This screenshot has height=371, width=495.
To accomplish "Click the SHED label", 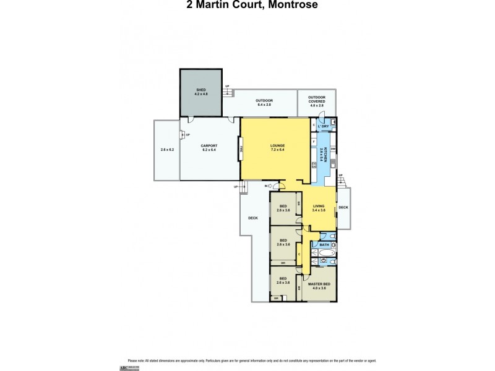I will pos(200,91).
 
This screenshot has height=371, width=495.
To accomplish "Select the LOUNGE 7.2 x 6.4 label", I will pos(277,148).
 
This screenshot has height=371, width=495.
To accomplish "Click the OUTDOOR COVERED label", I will pos(317,101).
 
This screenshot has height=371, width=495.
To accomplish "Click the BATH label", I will pos(324,245).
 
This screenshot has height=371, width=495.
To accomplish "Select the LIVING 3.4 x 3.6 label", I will pos(319,208).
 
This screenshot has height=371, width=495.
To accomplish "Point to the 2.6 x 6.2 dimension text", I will pos(167,150).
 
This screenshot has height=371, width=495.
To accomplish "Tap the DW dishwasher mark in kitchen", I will pos(334,149).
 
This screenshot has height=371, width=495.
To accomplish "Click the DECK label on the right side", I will pos(343,207).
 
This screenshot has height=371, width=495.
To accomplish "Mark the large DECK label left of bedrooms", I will pos(252,217).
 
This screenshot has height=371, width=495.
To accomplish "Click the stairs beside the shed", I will pos(230,92).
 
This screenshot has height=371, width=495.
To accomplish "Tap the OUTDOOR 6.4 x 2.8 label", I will pos(264,102).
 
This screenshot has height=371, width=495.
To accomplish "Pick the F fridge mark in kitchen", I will pos(314,142).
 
